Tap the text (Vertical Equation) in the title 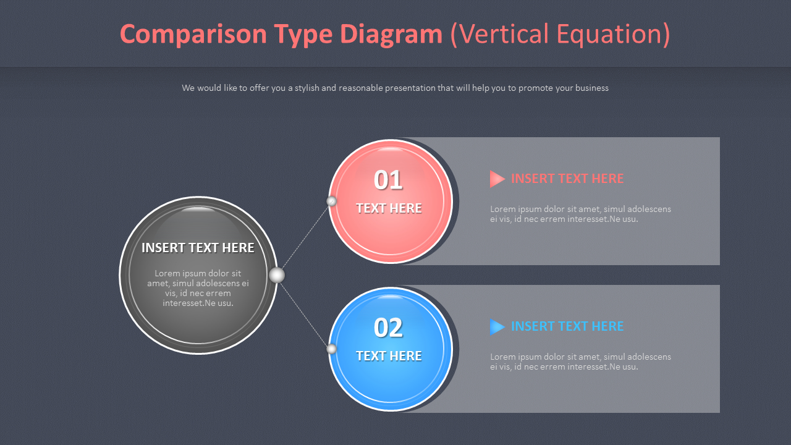[560, 35]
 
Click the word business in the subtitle [591, 88]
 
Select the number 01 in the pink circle [388, 180]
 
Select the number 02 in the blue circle [388, 328]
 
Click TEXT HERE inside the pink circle [389, 208]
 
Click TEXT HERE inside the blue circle [389, 356]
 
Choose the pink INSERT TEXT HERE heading [567, 179]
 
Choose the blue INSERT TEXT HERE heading [567, 326]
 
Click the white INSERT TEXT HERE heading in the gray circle [198, 248]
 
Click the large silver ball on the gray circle [277, 275]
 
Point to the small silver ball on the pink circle [332, 201]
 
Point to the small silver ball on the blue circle [332, 349]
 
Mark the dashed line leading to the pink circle [305, 237]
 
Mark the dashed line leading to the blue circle [305, 313]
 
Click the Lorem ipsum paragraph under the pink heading [580, 214]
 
